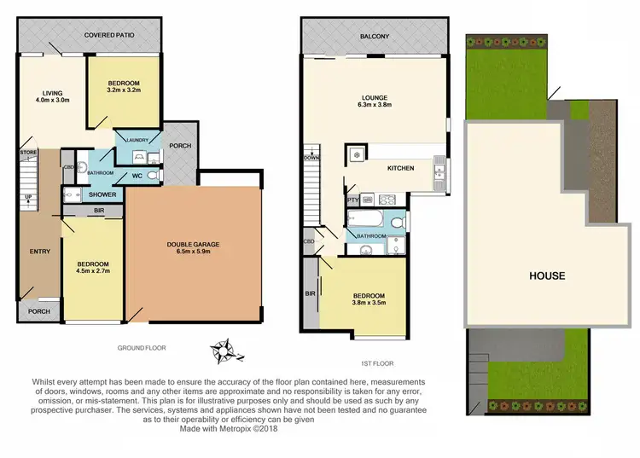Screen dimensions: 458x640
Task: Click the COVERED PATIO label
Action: [x=90, y=36]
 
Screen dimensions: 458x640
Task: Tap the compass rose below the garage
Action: [x=226, y=349]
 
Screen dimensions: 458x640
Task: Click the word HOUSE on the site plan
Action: [x=546, y=275]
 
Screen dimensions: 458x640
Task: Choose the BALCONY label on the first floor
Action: [x=374, y=36]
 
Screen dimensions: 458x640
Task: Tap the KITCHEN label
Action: [x=400, y=168]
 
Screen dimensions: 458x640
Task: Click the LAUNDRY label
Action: [x=137, y=141]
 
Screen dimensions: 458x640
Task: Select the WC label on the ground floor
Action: [x=137, y=177]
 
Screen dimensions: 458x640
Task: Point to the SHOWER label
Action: [x=102, y=194]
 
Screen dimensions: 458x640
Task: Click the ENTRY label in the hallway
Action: [x=39, y=252]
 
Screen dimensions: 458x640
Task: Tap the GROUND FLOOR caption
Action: [x=143, y=348]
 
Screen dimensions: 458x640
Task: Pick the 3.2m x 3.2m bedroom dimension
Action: [x=125, y=88]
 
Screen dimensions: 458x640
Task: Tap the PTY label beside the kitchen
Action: [x=352, y=200]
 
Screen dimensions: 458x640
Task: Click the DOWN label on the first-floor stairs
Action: [x=311, y=158]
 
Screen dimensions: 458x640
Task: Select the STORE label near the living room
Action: [x=27, y=153]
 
